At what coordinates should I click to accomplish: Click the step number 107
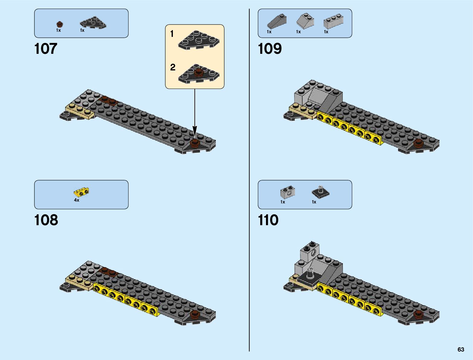pyautogui.click(x=46, y=49)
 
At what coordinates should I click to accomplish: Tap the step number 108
pyautogui.click(x=46, y=220)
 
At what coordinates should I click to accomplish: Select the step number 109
pyautogui.click(x=270, y=49)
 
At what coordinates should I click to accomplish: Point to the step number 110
pyautogui.click(x=268, y=220)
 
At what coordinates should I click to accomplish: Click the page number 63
pyautogui.click(x=461, y=349)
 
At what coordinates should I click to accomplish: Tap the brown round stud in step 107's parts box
pyautogui.click(x=60, y=24)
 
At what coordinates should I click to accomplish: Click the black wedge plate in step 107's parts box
pyautogui.click(x=93, y=23)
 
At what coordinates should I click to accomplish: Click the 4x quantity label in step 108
pyautogui.click(x=76, y=200)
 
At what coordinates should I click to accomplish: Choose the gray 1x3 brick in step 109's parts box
pyautogui.click(x=333, y=21)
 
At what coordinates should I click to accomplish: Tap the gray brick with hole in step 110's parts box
pyautogui.click(x=288, y=192)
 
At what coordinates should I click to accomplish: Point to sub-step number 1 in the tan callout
pyautogui.click(x=172, y=34)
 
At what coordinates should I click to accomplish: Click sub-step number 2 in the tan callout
pyautogui.click(x=173, y=67)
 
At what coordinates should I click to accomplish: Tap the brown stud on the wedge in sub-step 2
pyautogui.click(x=199, y=72)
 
